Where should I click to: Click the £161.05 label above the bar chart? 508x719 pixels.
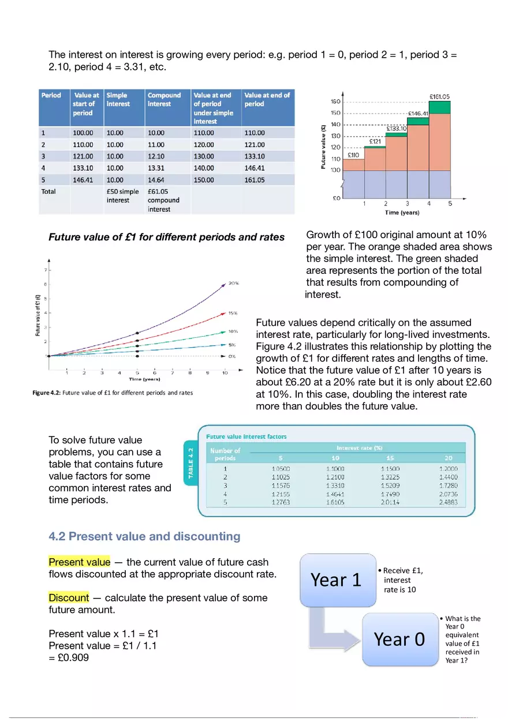tap(440, 97)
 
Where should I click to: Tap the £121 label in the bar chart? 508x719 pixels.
tap(375, 141)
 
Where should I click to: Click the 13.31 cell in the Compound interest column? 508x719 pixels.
tap(156, 168)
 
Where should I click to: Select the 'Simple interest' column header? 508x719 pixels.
tap(118, 100)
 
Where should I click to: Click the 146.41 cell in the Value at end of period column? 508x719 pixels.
tap(255, 168)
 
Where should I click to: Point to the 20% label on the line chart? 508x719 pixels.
tap(234, 283)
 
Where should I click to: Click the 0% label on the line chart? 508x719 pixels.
tap(233, 356)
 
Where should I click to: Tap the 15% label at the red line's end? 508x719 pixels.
tap(233, 314)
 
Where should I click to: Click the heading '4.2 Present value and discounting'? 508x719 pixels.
tap(144, 536)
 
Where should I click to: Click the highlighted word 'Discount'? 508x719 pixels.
tap(69, 597)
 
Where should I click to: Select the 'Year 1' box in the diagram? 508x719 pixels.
tap(336, 580)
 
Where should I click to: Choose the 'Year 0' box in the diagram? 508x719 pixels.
tap(399, 639)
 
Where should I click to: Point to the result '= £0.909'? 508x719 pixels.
tap(69, 657)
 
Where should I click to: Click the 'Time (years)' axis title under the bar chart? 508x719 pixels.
tap(403, 213)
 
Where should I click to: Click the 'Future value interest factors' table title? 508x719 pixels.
tap(246, 436)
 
